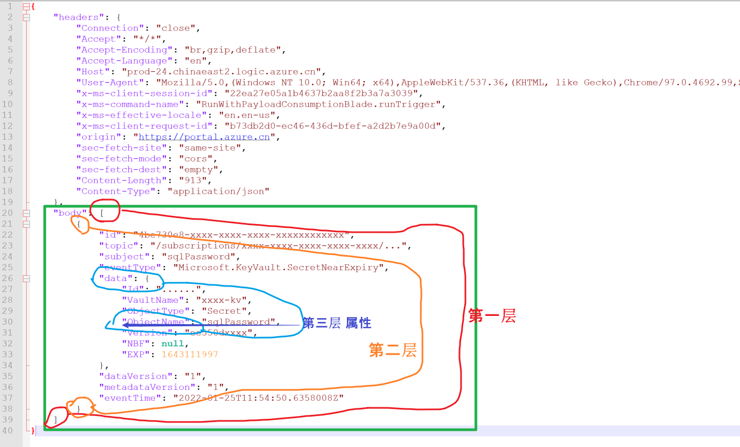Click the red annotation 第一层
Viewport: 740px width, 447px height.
coord(492,316)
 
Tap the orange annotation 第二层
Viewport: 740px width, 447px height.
coord(393,350)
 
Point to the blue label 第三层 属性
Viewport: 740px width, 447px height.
coord(337,323)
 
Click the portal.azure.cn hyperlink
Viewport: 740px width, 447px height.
coord(204,137)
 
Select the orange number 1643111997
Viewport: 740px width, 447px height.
coord(190,355)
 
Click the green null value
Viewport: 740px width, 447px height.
coord(173,344)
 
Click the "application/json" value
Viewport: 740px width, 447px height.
coord(218,191)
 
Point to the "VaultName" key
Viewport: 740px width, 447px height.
coord(150,300)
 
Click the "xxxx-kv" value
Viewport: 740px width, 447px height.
coord(223,300)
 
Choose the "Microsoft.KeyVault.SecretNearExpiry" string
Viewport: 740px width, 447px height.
coord(279,268)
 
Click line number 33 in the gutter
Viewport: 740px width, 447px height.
coord(9,355)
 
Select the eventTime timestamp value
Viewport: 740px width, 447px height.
coord(258,398)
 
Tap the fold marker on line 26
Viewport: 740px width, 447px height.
coord(26,278)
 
